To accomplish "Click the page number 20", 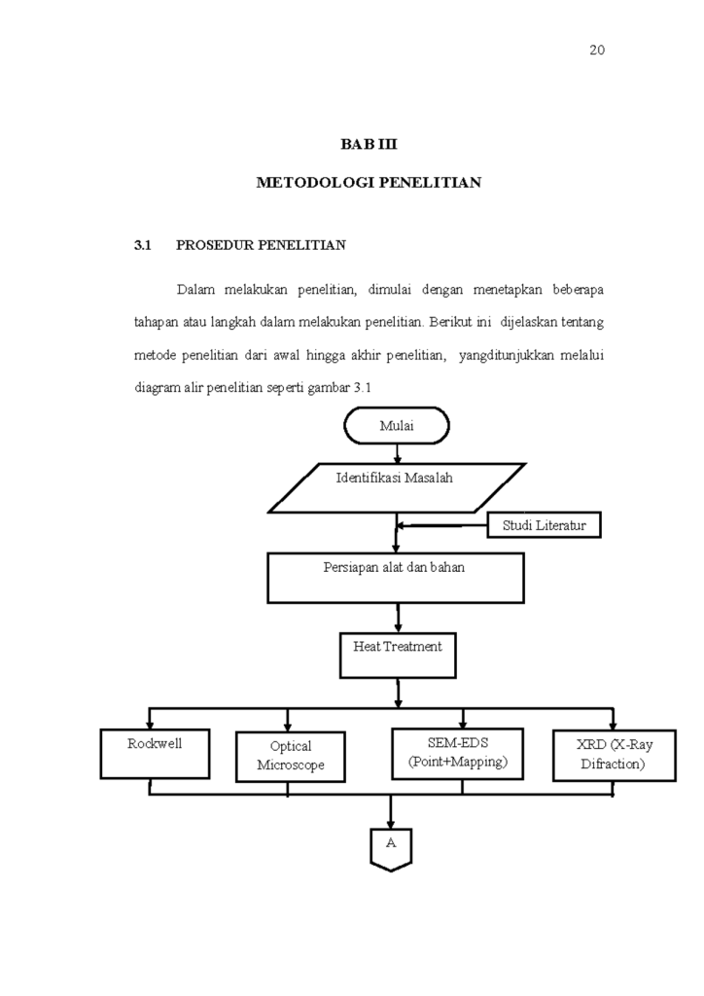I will tap(597, 51).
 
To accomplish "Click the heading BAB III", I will tap(369, 144).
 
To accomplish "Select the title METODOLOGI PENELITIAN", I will tap(369, 182).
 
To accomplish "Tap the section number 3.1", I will tap(143, 245).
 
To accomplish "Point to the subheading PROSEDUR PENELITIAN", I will tap(261, 245).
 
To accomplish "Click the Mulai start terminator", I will tap(397, 425).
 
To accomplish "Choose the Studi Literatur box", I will tap(544, 526).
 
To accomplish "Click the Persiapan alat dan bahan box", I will tap(394, 578).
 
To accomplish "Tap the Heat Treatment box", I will tap(397, 654).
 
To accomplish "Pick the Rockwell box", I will tap(155, 753).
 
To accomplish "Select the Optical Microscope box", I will tap(290, 756).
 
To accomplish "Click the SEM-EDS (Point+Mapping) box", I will tap(457, 753).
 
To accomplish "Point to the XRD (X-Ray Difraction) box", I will tap(613, 755).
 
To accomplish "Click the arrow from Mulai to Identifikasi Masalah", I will tap(397, 452).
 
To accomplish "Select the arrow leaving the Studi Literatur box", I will tap(442, 526).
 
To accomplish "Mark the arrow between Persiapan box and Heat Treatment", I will tap(398, 617).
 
